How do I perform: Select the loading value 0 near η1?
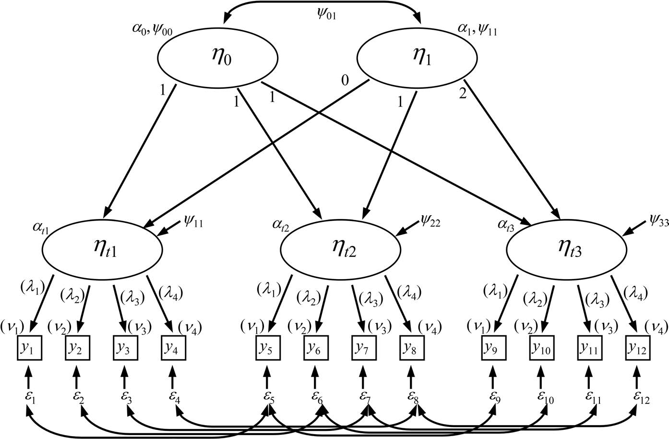[x=344, y=80]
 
